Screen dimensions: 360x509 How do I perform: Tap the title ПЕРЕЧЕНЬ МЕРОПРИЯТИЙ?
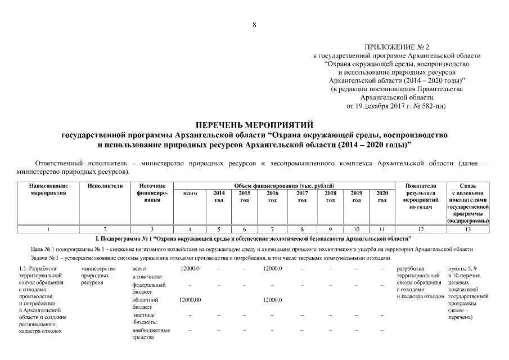254,124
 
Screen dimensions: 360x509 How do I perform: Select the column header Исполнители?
105,186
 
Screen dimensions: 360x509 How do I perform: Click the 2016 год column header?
272,196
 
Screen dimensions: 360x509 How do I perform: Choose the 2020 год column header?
382,196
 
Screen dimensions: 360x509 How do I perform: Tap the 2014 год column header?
219,196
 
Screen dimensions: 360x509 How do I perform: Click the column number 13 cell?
468,229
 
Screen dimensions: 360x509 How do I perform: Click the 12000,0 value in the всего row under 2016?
272,269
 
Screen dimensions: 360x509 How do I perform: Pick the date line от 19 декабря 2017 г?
397,106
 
